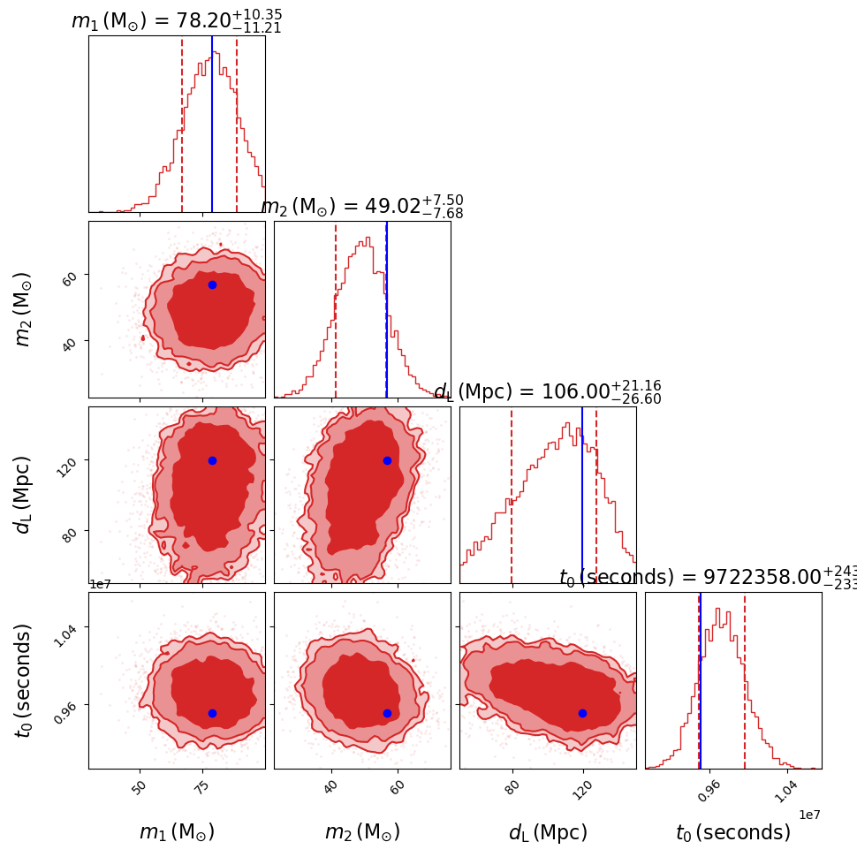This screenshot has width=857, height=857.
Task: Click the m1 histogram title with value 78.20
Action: [x=177, y=20]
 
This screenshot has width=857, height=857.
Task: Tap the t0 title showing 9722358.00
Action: [x=707, y=578]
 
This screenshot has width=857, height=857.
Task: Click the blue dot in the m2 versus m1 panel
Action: [x=212, y=284]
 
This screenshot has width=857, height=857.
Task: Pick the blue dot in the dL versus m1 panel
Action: [x=212, y=460]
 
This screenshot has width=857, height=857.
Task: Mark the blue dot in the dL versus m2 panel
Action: [x=387, y=460]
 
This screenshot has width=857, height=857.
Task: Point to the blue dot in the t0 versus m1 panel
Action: [x=212, y=713]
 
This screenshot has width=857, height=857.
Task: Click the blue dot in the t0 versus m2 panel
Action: [x=387, y=713]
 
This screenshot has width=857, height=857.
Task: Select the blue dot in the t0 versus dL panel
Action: [x=582, y=713]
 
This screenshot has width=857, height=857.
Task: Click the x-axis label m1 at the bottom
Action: [x=177, y=832]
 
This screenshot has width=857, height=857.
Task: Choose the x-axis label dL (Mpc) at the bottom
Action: [x=548, y=832]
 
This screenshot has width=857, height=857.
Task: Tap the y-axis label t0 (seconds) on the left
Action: [x=24, y=680]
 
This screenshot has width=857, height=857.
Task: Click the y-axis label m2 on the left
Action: [x=24, y=309]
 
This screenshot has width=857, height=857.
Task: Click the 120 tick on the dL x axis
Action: [x=580, y=789]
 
